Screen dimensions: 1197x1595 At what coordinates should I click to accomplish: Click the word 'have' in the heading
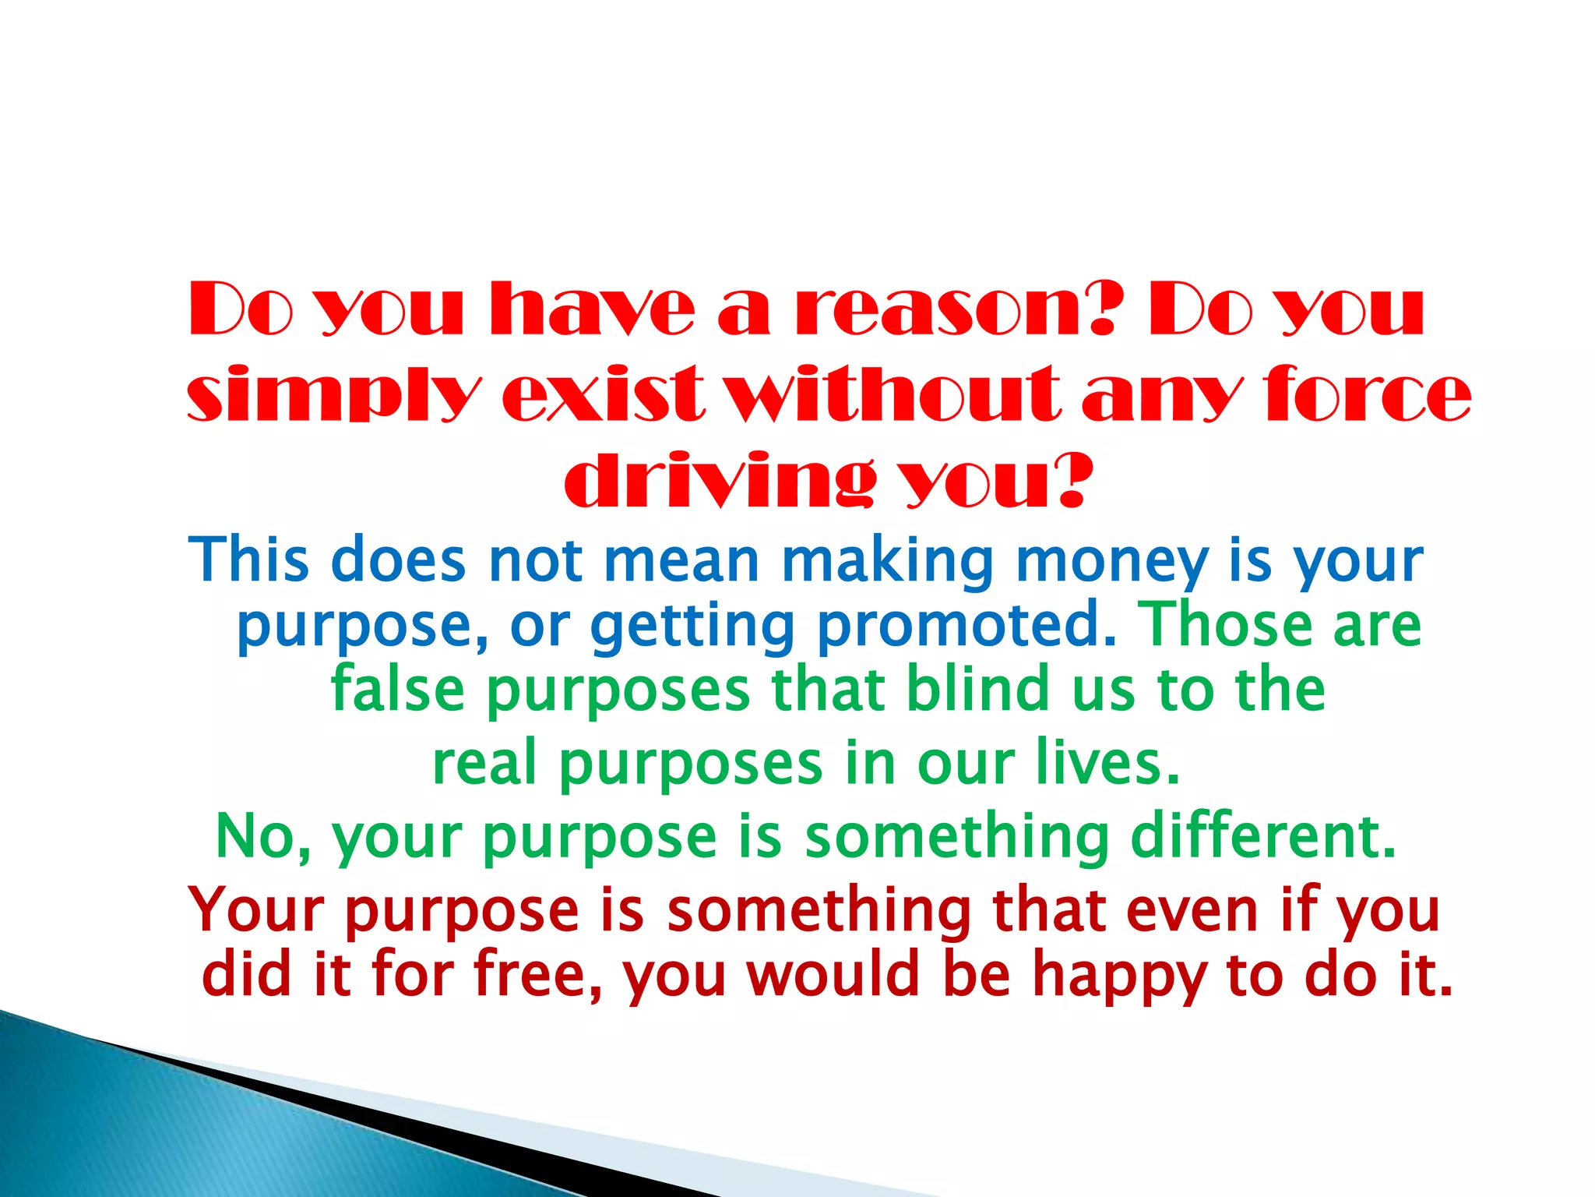pyautogui.click(x=592, y=309)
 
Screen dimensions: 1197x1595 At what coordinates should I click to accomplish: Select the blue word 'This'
pyautogui.click(x=248, y=560)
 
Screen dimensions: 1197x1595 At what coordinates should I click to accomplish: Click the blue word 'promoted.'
pyautogui.click(x=967, y=626)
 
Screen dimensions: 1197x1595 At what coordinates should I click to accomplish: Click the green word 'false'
pyautogui.click(x=398, y=689)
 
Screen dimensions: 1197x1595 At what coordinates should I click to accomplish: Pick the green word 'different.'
pyautogui.click(x=1263, y=835)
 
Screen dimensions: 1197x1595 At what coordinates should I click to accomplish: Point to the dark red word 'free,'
pyautogui.click(x=538, y=975)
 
